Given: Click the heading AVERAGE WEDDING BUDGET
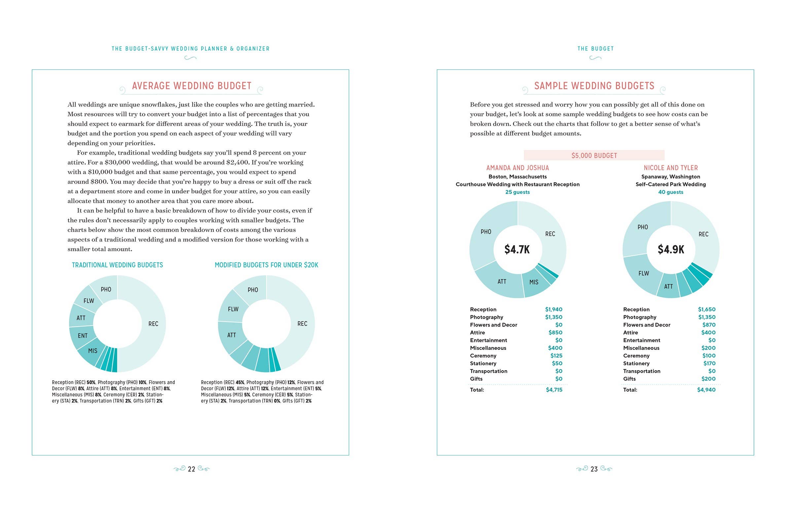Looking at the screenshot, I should (x=192, y=86).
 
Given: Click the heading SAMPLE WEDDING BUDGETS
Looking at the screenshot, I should (x=594, y=86).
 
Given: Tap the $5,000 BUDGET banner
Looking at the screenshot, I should (x=594, y=155).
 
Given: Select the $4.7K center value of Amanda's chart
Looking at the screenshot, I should (x=517, y=250).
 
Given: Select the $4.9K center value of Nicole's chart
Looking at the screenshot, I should (x=671, y=250).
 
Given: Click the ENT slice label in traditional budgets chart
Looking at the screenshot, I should (x=83, y=336).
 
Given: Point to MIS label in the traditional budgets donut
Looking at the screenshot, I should (x=92, y=351).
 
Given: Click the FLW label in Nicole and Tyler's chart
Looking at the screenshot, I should (x=643, y=273).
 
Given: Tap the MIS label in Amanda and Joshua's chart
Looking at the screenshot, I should (x=534, y=282).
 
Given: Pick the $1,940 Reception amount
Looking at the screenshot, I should (x=554, y=309).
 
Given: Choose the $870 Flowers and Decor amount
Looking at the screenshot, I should (x=709, y=325).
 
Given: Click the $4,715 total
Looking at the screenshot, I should (x=554, y=390).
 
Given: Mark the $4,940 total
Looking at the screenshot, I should (x=706, y=390).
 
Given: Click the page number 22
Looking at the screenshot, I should (x=192, y=469).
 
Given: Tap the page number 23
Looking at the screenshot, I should (x=594, y=469).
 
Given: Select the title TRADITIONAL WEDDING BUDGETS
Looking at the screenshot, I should (x=117, y=265).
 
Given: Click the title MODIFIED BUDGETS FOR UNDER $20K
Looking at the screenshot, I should (x=266, y=265).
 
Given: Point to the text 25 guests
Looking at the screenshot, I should (x=517, y=192).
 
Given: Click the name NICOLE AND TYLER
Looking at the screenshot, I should (x=670, y=168).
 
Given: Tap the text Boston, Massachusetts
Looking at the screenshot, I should (x=517, y=176).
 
